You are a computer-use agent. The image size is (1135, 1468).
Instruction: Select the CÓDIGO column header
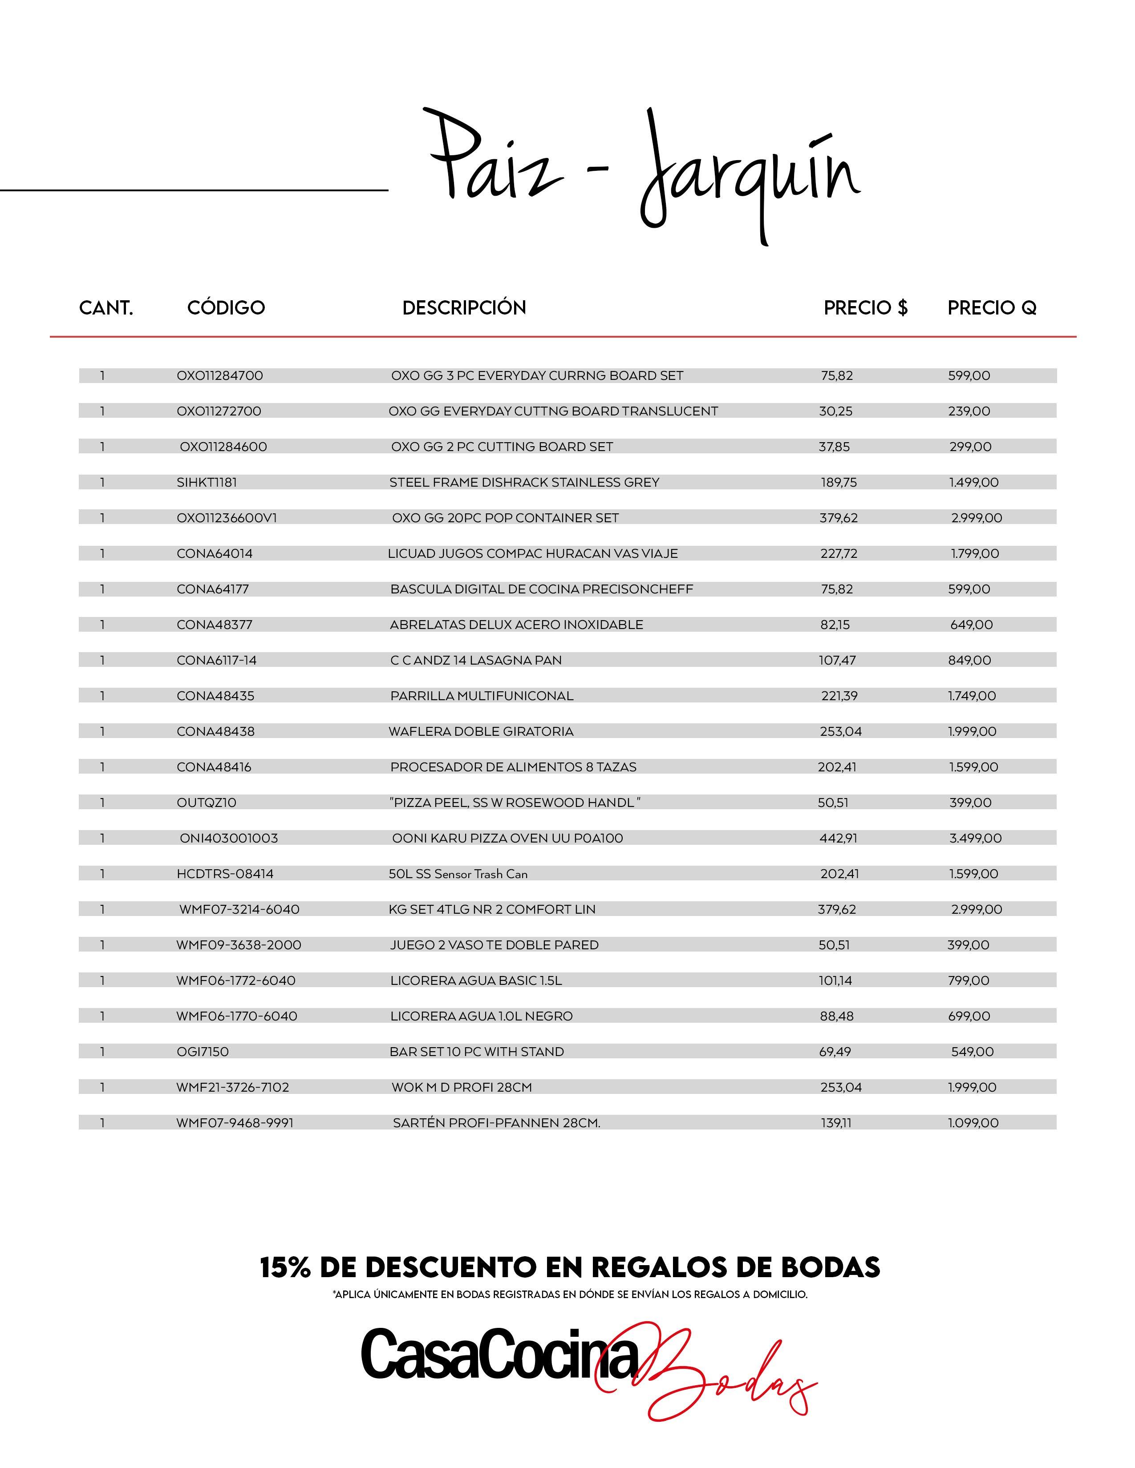tap(226, 308)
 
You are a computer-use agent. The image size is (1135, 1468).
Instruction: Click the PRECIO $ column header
tap(865, 308)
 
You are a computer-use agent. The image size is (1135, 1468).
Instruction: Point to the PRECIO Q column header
tap(992, 308)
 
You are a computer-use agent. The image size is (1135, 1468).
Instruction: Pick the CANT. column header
tap(106, 308)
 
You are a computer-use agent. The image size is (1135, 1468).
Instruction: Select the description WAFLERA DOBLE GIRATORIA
tap(481, 731)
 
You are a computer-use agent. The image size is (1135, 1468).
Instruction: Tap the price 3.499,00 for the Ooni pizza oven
tap(975, 838)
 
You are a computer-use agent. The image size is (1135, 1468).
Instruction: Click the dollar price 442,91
tap(838, 838)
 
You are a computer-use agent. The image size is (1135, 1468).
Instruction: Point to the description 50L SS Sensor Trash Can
tap(458, 874)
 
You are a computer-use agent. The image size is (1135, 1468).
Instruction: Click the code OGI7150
tap(203, 1052)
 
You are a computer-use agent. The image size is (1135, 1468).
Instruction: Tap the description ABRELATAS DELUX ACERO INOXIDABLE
tap(516, 625)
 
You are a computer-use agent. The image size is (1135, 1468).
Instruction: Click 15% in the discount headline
tap(285, 1268)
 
